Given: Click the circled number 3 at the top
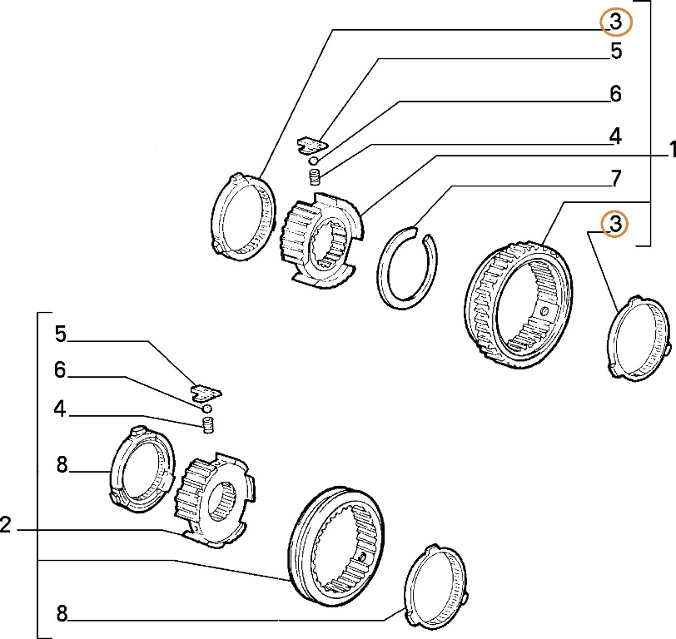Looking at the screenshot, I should pyautogui.click(x=616, y=22).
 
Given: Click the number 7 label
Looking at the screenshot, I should pyautogui.click(x=616, y=178).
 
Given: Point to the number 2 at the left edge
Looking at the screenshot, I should pyautogui.click(x=6, y=526).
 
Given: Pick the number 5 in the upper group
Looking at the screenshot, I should pyautogui.click(x=616, y=52).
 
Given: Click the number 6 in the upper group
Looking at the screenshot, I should pyautogui.click(x=616, y=94).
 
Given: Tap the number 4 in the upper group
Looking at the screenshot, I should pyautogui.click(x=616, y=135).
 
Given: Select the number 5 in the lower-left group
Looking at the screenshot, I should pyautogui.click(x=61, y=334).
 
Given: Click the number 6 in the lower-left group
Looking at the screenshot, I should pyautogui.click(x=61, y=370).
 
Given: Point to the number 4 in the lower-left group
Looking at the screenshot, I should pyautogui.click(x=61, y=409).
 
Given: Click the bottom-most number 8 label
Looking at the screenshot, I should pyautogui.click(x=61, y=615).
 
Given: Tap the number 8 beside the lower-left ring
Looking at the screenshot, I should pyautogui.click(x=61, y=466).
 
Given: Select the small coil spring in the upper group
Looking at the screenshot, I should pyautogui.click(x=316, y=177).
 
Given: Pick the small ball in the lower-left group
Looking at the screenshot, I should pyautogui.click(x=206, y=409).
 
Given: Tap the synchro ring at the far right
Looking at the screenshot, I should pyautogui.click(x=639, y=338).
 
